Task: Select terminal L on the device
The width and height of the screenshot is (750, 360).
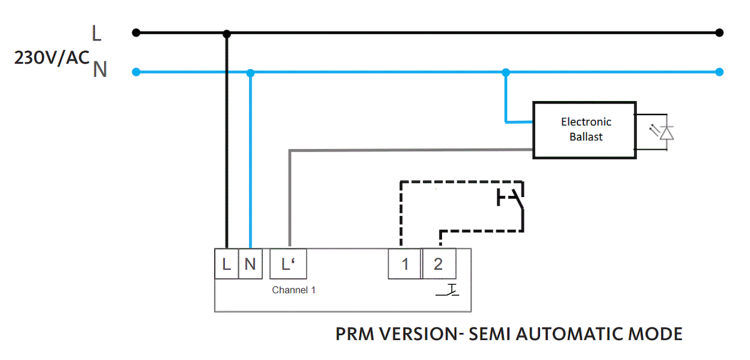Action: [226, 264]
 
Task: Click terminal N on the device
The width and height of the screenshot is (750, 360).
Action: [250, 264]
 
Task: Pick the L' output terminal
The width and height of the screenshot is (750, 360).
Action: [288, 264]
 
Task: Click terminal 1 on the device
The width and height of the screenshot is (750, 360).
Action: [405, 264]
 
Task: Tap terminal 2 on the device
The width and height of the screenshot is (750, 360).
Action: [438, 264]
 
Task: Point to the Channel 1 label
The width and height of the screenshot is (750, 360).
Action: [294, 290]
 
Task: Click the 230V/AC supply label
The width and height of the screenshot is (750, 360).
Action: [52, 59]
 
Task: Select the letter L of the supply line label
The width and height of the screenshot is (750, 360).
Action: [96, 33]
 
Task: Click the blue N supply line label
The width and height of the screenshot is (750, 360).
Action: [100, 70]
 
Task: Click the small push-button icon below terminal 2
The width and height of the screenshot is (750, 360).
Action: [448, 290]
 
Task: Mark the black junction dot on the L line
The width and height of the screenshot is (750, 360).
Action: [227, 32]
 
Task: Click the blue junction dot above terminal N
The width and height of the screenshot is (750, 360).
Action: [250, 72]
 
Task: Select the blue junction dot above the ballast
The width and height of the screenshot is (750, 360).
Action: [506, 72]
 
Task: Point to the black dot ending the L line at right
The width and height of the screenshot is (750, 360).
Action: [720, 32]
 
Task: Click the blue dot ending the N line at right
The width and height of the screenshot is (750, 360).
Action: [720, 72]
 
